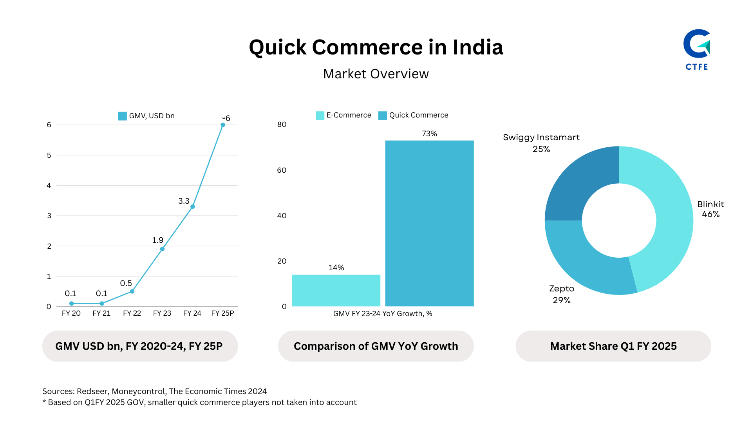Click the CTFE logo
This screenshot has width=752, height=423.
pyautogui.click(x=697, y=49)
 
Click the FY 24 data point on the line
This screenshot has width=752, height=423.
pyautogui.click(x=192, y=206)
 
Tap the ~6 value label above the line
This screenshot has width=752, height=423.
pyautogui.click(x=226, y=118)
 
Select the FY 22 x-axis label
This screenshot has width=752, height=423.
pyautogui.click(x=132, y=313)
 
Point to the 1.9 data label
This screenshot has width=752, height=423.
pyautogui.click(x=157, y=240)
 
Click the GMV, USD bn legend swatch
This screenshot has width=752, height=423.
pyautogui.click(x=122, y=116)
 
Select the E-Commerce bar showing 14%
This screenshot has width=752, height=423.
pyautogui.click(x=336, y=290)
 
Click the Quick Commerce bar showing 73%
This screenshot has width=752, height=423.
pyautogui.click(x=429, y=223)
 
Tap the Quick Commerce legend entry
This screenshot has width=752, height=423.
pyautogui.click(x=413, y=115)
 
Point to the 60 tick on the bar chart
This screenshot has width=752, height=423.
pyautogui.click(x=282, y=170)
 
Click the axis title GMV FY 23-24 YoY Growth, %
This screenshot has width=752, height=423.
pyautogui.click(x=382, y=314)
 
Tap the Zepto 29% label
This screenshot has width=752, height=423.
pyautogui.click(x=561, y=295)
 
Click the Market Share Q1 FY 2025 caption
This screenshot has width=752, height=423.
pyautogui.click(x=613, y=346)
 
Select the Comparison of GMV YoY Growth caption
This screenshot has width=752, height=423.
pyautogui.click(x=376, y=346)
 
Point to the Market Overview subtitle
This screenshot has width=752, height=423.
pyautogui.click(x=376, y=74)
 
